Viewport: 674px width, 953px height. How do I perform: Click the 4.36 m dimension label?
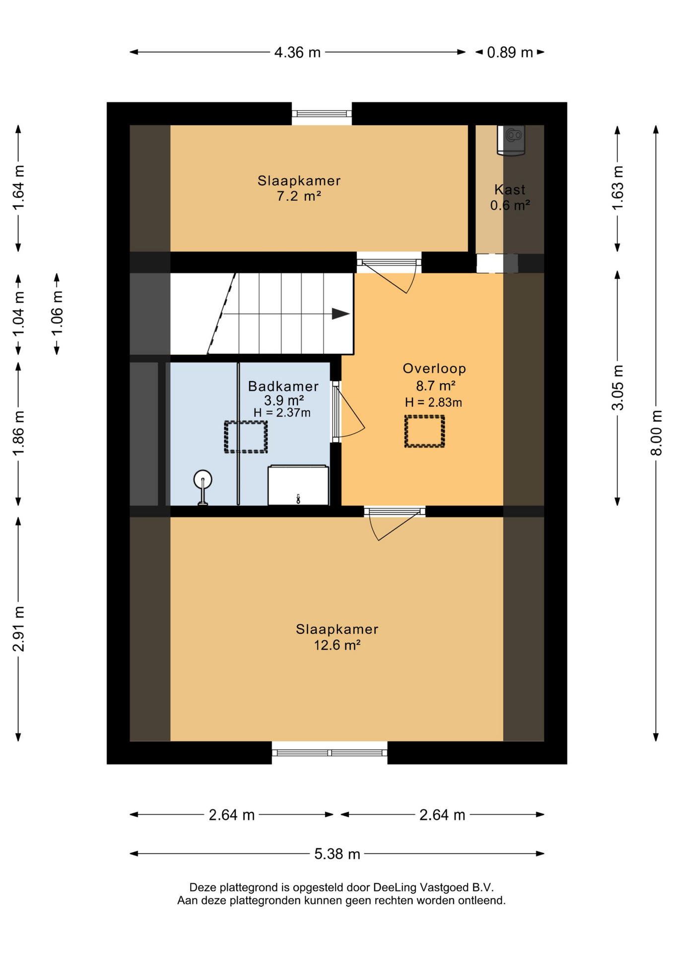[297, 52]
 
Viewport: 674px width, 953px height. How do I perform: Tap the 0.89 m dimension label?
[510, 52]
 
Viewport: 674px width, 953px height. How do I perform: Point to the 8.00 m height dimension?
[656, 432]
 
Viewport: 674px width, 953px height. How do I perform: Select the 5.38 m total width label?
[337, 854]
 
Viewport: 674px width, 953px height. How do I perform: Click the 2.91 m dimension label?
[18, 628]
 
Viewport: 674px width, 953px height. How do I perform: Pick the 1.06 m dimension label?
[57, 314]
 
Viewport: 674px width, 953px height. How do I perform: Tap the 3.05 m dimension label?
[617, 388]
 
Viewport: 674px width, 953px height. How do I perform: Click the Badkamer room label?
[283, 386]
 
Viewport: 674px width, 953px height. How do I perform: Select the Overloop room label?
[434, 368]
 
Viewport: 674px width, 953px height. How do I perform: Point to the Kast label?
[510, 189]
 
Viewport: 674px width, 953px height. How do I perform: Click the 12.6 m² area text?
[337, 645]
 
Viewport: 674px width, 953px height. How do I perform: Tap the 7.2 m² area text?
[299, 196]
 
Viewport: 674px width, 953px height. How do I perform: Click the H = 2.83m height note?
[433, 402]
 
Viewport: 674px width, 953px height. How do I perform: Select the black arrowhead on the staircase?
[340, 314]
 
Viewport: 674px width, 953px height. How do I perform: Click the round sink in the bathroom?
[202, 480]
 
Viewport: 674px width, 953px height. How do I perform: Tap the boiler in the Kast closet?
[511, 140]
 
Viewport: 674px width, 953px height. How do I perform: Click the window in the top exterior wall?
[322, 114]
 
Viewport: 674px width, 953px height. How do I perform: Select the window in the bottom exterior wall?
[330, 752]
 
